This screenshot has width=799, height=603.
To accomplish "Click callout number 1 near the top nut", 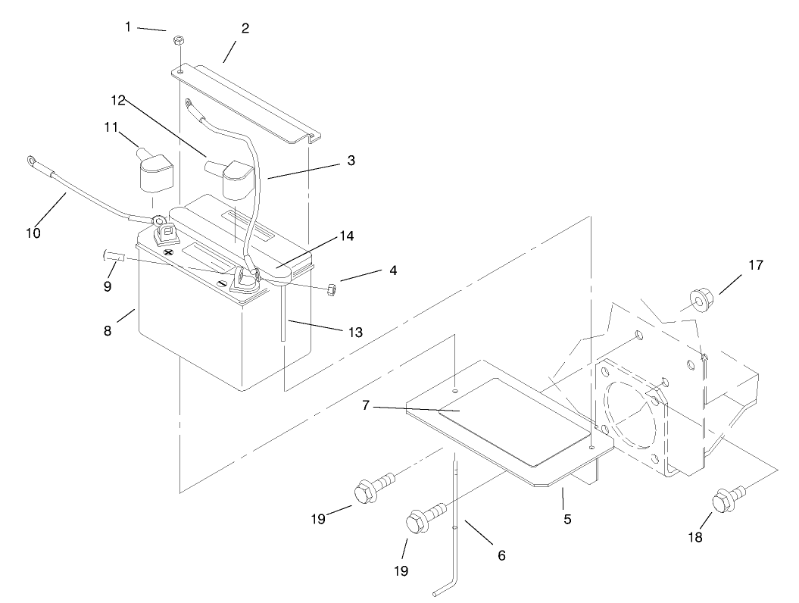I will coord(128,27).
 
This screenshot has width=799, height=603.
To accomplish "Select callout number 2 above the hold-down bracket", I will coord(245,28).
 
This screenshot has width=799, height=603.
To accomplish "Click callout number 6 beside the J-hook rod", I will coord(501,555).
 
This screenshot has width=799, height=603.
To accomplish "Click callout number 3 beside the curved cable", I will coord(351,161).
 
